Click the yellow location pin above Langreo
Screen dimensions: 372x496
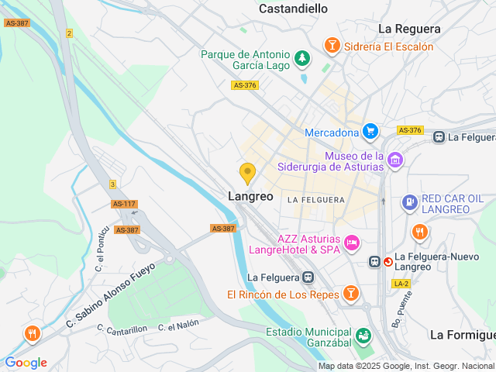(247, 173)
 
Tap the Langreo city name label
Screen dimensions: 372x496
(250, 197)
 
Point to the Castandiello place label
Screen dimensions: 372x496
(293, 9)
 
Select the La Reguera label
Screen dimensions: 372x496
(409, 29)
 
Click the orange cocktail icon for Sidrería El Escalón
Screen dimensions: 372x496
(332, 46)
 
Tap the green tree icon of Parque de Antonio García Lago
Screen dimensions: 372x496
(301, 57)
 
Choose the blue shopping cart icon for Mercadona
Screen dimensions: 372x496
(370, 132)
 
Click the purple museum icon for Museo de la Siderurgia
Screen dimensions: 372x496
(395, 160)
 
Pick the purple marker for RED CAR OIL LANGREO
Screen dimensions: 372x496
(410, 202)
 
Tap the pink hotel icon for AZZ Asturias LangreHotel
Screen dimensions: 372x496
(352, 243)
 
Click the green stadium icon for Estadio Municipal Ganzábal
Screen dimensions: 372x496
(363, 336)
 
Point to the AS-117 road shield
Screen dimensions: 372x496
(124, 204)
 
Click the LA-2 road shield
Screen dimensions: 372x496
(401, 284)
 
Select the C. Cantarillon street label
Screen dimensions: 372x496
(122, 329)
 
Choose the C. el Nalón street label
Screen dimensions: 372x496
(179, 325)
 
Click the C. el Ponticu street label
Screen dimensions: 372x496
(100, 259)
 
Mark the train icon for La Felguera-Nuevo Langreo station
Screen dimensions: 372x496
(375, 262)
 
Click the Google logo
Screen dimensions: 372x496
(26, 362)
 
